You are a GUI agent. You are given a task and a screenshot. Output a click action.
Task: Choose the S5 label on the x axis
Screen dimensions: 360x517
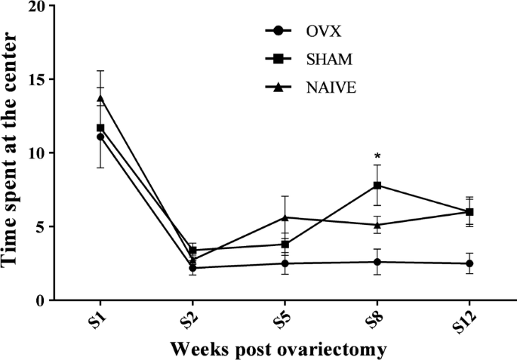(285, 318)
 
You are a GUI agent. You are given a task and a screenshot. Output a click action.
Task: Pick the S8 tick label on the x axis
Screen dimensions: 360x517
(377, 318)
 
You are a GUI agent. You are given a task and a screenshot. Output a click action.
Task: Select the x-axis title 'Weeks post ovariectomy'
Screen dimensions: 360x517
(278, 349)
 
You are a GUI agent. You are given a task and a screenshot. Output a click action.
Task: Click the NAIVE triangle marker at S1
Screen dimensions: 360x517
(100, 98)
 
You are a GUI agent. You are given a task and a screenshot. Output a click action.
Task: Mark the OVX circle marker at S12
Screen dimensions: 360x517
(469, 263)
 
